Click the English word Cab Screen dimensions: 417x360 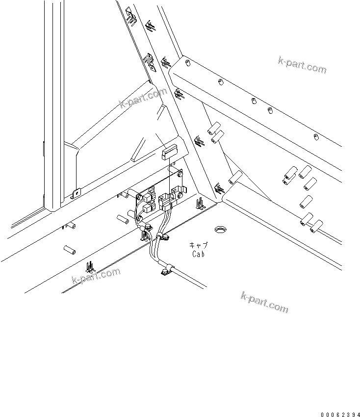[x=198, y=254]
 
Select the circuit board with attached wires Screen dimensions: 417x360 [x=159, y=199]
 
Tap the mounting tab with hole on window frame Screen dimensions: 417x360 [x=76, y=194]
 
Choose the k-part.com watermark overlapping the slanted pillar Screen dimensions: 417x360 [x=143, y=99]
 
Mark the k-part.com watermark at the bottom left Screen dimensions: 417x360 [x=96, y=276]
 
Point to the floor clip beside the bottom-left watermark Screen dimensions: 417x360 [x=89, y=267]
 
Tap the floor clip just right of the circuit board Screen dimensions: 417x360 [x=200, y=203]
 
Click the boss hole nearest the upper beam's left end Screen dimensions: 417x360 [x=188, y=64]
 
